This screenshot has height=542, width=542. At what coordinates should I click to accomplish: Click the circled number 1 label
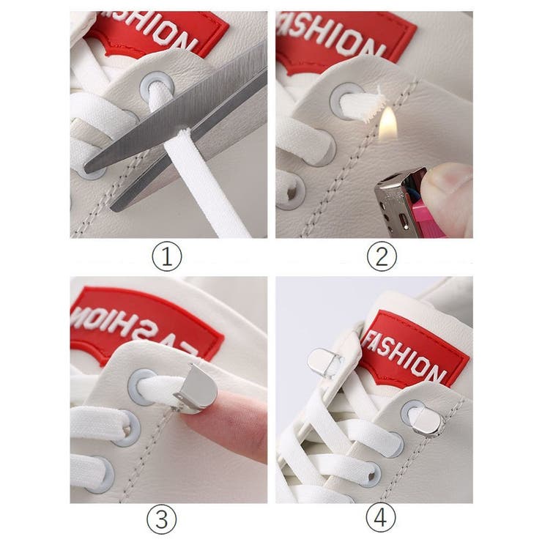coord(167,256)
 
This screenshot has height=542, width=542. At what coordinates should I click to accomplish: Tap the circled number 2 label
coord(382,256)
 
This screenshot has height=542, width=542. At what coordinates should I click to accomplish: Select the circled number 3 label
coord(161,519)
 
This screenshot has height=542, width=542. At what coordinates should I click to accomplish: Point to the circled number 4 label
coord(381,517)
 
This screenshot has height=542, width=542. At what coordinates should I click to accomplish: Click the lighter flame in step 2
coord(388,124)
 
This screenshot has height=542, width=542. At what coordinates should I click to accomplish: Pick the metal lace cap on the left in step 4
coord(324,363)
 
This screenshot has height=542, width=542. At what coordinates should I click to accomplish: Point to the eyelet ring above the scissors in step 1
coord(157,87)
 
